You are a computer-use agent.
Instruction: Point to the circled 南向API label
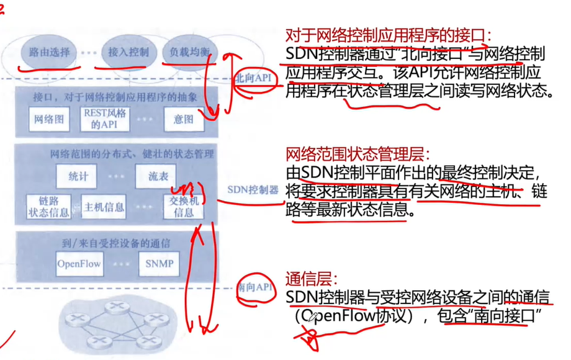255,287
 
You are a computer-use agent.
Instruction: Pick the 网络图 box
49,119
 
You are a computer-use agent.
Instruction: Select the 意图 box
184,119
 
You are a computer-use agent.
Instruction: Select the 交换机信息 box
184,207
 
